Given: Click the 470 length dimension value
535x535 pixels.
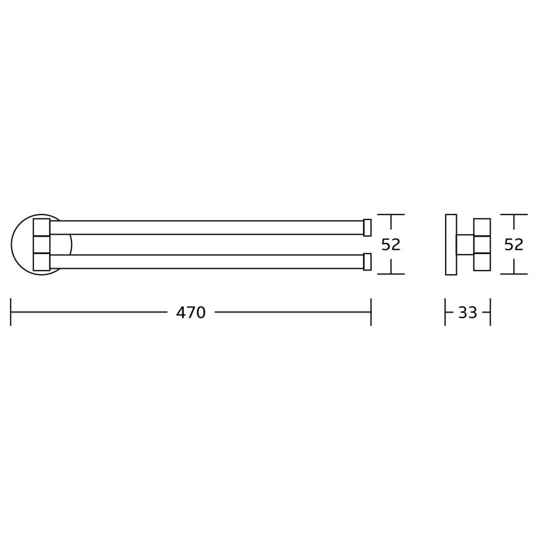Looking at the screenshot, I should click(190, 313).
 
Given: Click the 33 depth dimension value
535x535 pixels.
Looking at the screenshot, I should click(467, 313).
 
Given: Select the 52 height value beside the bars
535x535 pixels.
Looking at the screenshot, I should click(391, 245).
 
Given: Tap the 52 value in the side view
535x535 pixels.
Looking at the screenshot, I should click(513, 245).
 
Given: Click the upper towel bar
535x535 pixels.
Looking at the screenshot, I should click(206, 227).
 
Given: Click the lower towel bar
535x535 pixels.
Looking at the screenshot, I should click(206, 261).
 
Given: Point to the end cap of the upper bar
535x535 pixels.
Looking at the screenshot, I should click(367, 227).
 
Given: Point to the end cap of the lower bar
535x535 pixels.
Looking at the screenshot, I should click(367, 261).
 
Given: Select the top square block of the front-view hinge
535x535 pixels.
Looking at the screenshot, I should click(41, 227).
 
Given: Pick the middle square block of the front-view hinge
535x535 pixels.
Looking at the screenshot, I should click(41, 244).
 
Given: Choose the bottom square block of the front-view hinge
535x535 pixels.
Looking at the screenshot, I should click(41, 261).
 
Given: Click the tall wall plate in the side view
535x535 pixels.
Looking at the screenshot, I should click(451, 244).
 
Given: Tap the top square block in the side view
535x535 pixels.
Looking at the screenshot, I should click(482, 227).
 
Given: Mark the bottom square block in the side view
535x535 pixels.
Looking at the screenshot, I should click(482, 261).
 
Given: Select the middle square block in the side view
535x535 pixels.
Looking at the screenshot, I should click(482, 244).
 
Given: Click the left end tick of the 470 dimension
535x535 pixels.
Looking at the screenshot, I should click(10, 312).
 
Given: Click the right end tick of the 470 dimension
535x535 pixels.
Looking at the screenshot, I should click(371, 312).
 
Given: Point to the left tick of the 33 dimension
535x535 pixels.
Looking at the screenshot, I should click(445, 312).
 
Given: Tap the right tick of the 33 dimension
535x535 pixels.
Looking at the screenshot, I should click(491, 312).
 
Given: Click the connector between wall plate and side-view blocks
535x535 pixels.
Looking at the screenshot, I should click(465, 244).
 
